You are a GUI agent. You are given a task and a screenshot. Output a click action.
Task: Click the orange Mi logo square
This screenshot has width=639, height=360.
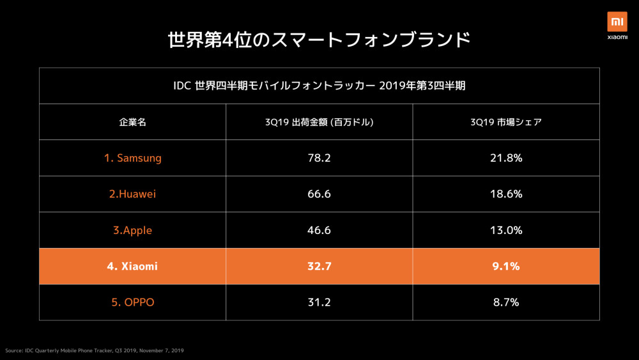(x=617, y=21)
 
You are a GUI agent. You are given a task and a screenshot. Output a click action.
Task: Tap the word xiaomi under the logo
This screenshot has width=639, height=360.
(x=617, y=37)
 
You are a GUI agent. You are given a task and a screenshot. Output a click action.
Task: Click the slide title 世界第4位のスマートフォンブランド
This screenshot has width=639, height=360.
(x=319, y=40)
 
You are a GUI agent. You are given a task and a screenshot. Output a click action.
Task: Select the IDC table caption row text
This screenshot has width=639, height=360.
(x=319, y=86)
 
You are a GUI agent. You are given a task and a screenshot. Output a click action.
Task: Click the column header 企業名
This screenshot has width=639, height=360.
(x=132, y=122)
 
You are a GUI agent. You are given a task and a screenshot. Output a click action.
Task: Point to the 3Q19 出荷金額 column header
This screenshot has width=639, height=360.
(x=319, y=122)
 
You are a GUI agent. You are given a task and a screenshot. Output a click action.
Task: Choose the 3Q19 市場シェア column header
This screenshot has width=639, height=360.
(x=505, y=122)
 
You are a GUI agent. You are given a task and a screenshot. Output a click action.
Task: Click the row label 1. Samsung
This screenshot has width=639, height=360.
(x=132, y=158)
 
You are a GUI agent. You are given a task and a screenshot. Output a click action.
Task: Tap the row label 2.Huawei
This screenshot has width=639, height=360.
(x=132, y=194)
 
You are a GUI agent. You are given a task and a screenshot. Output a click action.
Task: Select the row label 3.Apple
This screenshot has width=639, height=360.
(x=132, y=230)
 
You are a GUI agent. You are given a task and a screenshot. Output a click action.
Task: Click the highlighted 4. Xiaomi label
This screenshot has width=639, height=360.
(x=132, y=266)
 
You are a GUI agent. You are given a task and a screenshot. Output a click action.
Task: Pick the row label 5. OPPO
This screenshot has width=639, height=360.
(x=132, y=302)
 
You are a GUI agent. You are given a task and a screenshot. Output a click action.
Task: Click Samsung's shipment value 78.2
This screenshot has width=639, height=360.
(x=319, y=158)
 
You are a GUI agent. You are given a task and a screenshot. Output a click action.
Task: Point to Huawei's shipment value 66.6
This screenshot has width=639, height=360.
(x=319, y=194)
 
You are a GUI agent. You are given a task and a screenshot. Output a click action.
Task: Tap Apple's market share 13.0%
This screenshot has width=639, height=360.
(x=505, y=230)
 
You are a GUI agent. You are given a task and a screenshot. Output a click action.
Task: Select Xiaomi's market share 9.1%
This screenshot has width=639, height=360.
(x=505, y=266)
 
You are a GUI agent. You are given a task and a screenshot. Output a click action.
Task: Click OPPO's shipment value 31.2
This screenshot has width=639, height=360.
(x=319, y=302)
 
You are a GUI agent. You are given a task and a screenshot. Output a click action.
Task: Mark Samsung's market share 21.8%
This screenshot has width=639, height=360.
(x=505, y=158)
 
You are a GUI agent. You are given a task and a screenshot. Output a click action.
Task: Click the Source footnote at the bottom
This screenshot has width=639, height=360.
(x=95, y=350)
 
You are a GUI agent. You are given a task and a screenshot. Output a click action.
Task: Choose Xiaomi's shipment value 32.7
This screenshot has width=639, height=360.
(x=319, y=266)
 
